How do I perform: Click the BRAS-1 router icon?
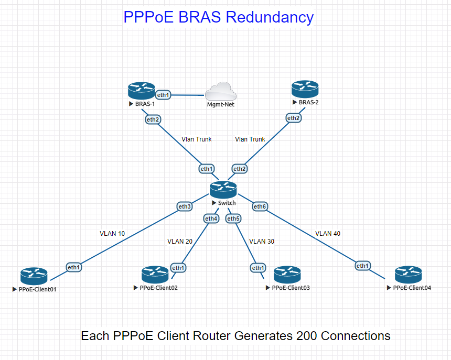pos(141,91)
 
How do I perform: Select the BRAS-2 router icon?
pos(305,89)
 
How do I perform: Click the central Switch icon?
pos(223,189)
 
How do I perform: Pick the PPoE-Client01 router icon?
pos(34,276)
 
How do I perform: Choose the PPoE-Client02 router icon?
pos(155,275)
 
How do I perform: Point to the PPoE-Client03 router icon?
pos(287,275)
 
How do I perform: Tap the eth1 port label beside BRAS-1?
pos(163,95)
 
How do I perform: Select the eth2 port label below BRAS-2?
pos(294,118)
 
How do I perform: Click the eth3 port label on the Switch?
pos(185,206)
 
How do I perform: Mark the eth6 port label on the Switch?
pos(260,206)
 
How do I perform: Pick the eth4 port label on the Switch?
pos(211,218)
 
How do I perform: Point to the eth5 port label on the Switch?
pos(233,218)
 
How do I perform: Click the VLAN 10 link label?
pos(112,233)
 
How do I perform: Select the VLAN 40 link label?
pos(328,233)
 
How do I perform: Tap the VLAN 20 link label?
pos(180,242)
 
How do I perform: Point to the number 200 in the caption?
pos(306,336)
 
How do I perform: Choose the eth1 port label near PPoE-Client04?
pos(362,266)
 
